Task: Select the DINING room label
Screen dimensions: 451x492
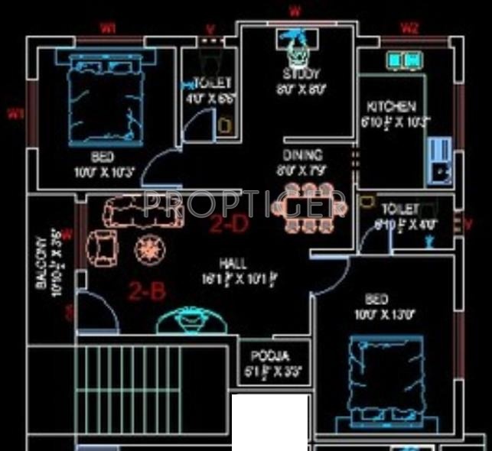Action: coord(303,154)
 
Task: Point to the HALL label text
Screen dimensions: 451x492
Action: coord(233,263)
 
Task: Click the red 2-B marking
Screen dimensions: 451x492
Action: coord(147,290)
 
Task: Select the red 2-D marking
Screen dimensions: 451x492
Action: coord(230,225)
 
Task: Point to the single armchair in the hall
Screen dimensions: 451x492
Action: coord(102,247)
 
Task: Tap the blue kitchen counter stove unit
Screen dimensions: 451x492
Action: coord(439,161)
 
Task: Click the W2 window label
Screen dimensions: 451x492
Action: coord(410,28)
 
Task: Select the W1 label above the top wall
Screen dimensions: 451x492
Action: coord(108,28)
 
